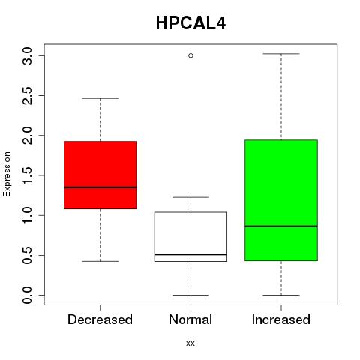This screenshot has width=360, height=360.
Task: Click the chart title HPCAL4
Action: point(190,23)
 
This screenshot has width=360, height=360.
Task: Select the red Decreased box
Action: point(100,175)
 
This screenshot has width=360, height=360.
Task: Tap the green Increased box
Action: point(281,200)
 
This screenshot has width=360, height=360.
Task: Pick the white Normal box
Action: point(190,236)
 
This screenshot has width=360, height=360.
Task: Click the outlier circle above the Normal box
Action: point(190,55)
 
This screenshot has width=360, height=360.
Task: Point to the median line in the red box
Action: point(100,187)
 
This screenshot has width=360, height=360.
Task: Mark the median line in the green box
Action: point(281,226)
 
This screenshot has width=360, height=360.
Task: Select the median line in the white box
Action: point(190,254)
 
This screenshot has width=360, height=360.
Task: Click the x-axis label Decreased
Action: point(100,319)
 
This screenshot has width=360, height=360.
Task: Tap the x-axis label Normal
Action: point(190,319)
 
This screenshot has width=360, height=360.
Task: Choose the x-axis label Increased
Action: point(281,319)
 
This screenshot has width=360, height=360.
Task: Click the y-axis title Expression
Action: point(7,174)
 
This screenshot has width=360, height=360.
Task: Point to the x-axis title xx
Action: point(190,343)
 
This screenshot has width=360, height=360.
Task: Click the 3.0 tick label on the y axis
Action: point(27,55)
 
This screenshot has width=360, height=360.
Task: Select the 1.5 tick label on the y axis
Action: point(27,175)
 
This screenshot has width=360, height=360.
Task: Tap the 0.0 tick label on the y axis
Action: point(27,295)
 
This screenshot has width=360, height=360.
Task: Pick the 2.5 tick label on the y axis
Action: point(27,96)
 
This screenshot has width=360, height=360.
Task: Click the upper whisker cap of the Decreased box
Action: point(100,98)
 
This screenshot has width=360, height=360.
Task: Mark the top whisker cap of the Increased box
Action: point(281,54)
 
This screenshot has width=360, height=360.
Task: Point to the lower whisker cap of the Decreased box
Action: point(100,261)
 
